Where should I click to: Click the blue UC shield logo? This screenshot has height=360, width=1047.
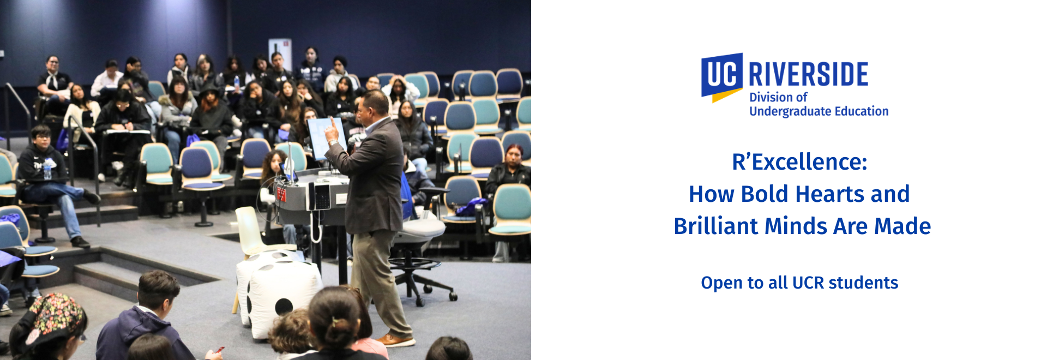(722, 77)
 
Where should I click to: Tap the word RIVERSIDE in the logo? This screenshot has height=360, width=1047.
(808, 75)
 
